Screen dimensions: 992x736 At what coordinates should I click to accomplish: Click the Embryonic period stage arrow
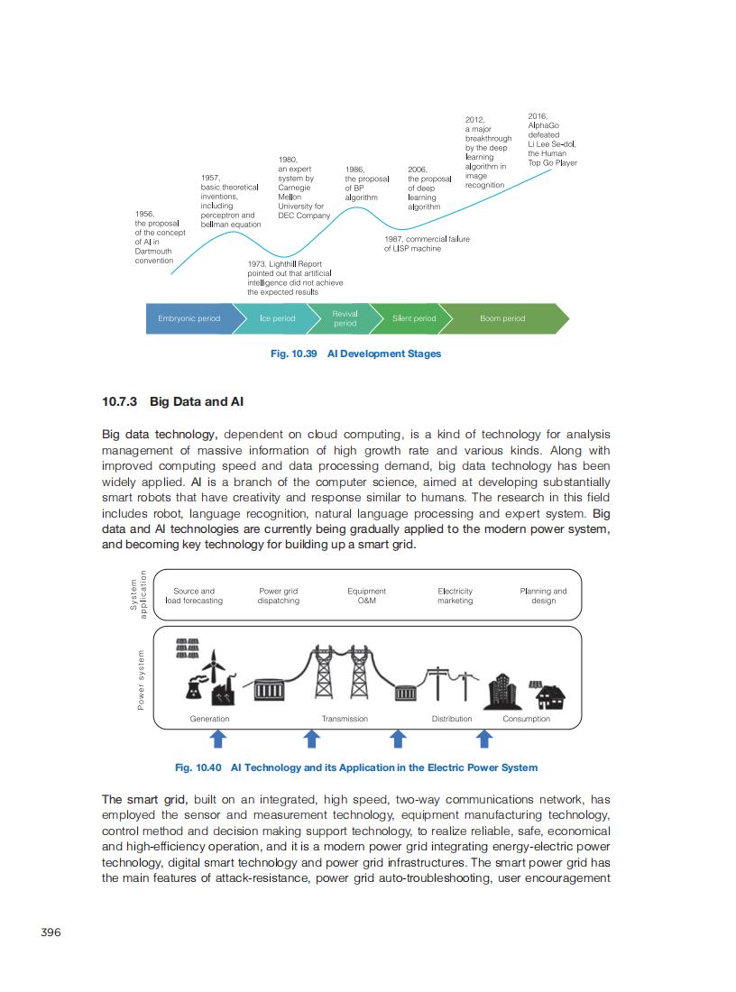click(x=189, y=318)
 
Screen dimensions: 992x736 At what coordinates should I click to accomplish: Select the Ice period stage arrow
click(x=277, y=318)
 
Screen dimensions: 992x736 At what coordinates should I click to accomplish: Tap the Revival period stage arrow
click(x=345, y=318)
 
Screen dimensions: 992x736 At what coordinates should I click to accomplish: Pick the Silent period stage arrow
click(x=414, y=318)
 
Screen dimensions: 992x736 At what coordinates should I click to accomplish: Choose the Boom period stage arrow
click(x=502, y=318)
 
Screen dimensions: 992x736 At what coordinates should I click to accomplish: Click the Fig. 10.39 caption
click(x=355, y=354)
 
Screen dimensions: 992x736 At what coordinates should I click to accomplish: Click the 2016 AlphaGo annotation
click(x=551, y=140)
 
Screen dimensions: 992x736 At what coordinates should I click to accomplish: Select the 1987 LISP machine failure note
click(x=426, y=243)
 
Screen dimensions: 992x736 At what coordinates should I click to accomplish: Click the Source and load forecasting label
click(x=194, y=596)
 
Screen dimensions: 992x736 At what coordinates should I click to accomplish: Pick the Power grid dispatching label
click(x=278, y=596)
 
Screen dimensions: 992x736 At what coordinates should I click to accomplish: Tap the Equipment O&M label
click(x=366, y=596)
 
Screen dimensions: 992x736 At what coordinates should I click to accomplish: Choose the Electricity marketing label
click(x=455, y=596)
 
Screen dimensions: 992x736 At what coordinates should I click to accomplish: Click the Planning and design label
click(x=543, y=596)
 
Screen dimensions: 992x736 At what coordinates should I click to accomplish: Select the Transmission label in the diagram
click(x=345, y=719)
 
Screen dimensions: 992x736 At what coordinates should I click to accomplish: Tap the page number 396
click(x=51, y=932)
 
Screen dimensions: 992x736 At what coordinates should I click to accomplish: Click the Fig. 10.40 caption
click(x=355, y=767)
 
